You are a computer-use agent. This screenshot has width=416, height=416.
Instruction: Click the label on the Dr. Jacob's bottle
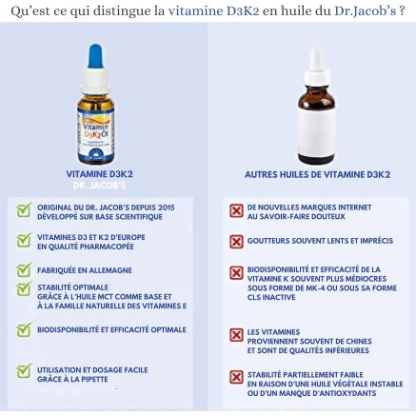pyautogui.click(x=94, y=132)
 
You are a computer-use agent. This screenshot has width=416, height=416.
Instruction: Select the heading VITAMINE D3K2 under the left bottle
pyautogui.click(x=99, y=174)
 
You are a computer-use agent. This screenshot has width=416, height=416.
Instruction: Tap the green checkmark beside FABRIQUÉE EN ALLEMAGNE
pyautogui.click(x=24, y=270)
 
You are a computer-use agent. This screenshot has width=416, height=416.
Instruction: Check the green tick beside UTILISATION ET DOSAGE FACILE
pyautogui.click(x=24, y=372)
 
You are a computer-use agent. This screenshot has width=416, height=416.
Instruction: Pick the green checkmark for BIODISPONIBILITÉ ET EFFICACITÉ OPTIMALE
pyautogui.click(x=24, y=330)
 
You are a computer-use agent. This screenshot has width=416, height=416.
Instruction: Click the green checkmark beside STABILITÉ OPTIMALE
pyautogui.click(x=24, y=289)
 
